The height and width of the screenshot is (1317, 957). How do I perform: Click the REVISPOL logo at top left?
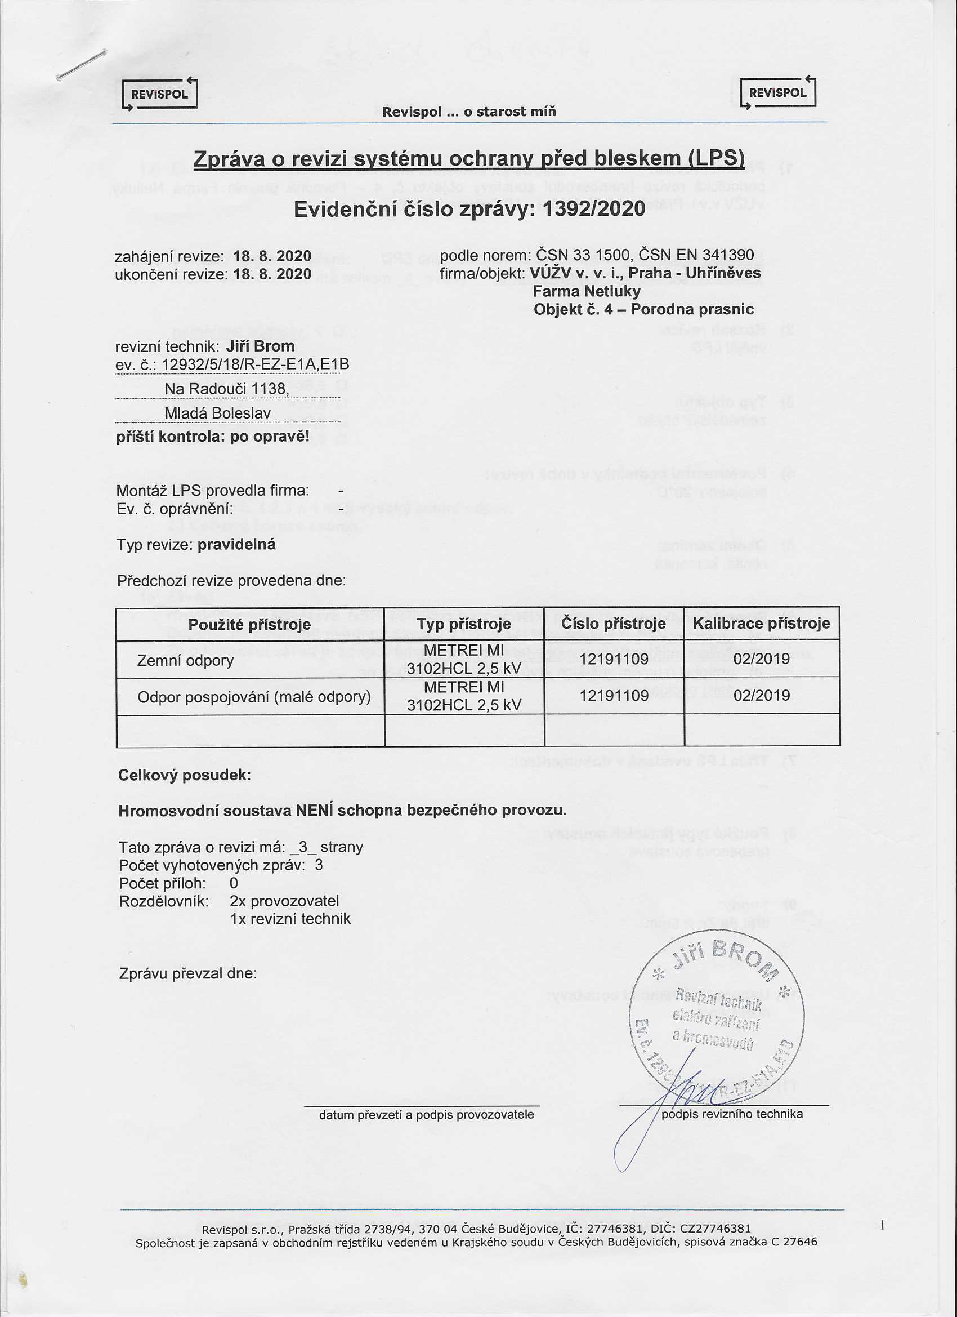pyautogui.click(x=160, y=94)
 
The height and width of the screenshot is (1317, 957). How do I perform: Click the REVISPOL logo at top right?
pyautogui.click(x=777, y=93)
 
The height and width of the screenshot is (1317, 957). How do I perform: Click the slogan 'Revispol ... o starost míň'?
pyautogui.click(x=468, y=112)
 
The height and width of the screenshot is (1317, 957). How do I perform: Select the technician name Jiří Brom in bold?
pyautogui.click(x=260, y=346)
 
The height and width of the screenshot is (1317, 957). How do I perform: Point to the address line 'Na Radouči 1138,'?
pyautogui.click(x=226, y=389)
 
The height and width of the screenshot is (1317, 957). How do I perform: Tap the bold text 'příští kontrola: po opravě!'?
pyautogui.click(x=213, y=436)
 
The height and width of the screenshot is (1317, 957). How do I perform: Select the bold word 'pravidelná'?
pyautogui.click(x=236, y=545)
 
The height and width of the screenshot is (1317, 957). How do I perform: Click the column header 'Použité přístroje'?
pyautogui.click(x=249, y=625)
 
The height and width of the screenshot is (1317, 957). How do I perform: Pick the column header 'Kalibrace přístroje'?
pyautogui.click(x=762, y=624)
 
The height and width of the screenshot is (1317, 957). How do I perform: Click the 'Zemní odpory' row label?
pyautogui.click(x=185, y=660)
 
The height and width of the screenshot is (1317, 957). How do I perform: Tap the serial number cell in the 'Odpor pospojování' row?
pyautogui.click(x=614, y=696)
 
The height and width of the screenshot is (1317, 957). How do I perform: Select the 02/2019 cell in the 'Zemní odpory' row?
pyautogui.click(x=762, y=659)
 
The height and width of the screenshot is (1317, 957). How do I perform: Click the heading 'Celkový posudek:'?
pyautogui.click(x=185, y=775)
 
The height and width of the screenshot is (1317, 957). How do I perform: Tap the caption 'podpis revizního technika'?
pyautogui.click(x=732, y=1114)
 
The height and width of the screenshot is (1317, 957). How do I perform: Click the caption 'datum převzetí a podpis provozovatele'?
pyautogui.click(x=426, y=1115)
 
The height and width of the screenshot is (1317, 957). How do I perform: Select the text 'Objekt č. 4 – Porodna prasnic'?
pyautogui.click(x=643, y=309)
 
